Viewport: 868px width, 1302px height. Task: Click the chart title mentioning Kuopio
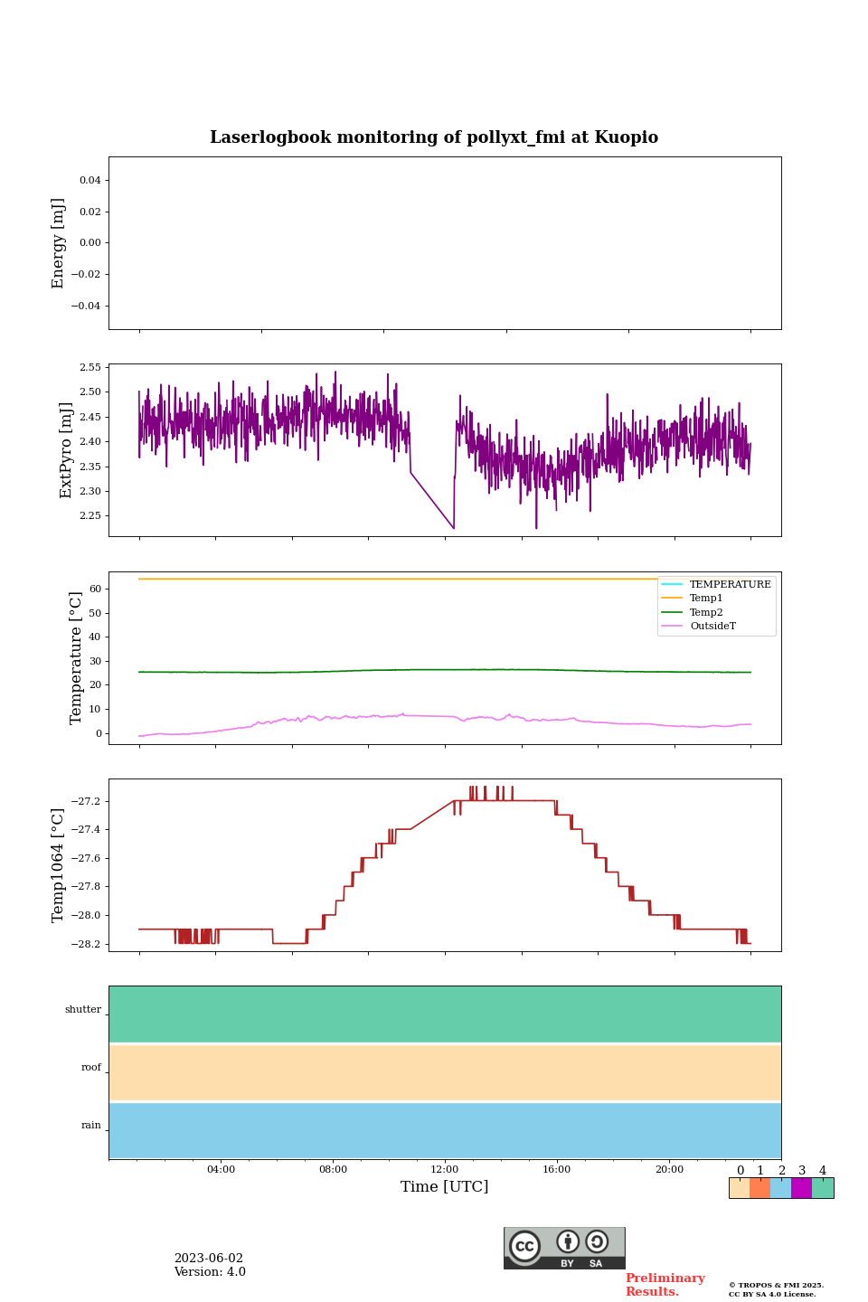[x=434, y=137]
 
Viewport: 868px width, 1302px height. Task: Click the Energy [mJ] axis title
[x=59, y=243]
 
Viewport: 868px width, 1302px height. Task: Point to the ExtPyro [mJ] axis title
[x=66, y=450]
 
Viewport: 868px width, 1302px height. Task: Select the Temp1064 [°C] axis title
[x=59, y=865]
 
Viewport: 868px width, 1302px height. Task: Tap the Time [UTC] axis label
[x=444, y=1186]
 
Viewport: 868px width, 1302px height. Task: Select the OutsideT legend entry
[x=712, y=627]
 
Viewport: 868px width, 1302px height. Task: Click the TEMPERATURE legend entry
[x=730, y=584]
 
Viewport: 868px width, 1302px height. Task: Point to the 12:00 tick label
[x=445, y=1170]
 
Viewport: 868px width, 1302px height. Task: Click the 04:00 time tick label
[x=221, y=1170]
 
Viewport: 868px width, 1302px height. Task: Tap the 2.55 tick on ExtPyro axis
[x=90, y=367]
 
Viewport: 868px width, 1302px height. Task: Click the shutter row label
[x=83, y=1010]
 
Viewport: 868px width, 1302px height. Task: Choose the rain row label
[x=91, y=1126]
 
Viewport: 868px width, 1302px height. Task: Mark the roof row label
[x=91, y=1068]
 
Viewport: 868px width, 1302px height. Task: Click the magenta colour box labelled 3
[x=801, y=1188]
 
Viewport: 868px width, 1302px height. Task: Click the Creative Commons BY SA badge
[x=564, y=1248]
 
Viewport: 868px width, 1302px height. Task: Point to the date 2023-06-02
[x=209, y=1259]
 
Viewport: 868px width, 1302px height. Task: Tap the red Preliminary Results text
[x=665, y=1285]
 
